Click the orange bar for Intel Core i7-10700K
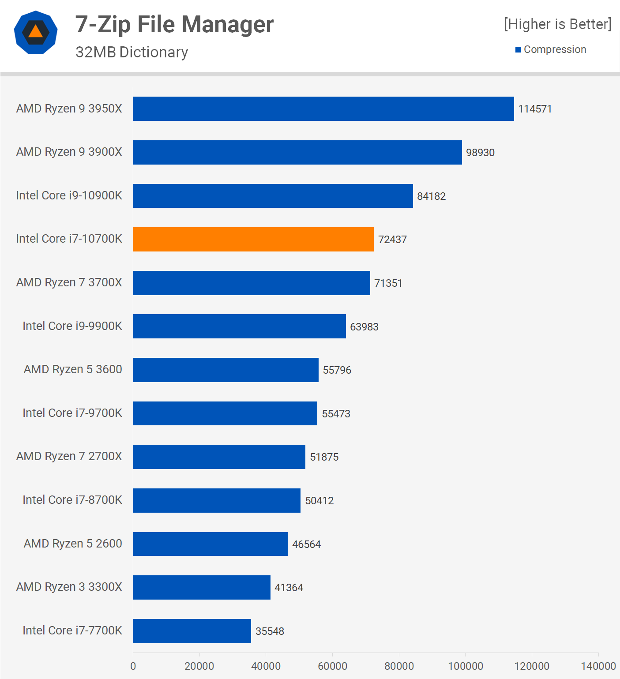click(253, 240)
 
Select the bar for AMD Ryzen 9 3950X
click(323, 109)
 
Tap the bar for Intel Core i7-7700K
click(192, 631)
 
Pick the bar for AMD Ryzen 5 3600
click(225, 370)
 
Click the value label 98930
click(480, 153)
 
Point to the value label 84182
click(431, 196)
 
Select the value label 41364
click(289, 588)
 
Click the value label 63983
click(364, 327)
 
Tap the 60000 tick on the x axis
click(332, 666)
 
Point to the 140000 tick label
click(598, 666)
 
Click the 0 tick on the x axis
click(133, 666)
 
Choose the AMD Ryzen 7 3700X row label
click(69, 282)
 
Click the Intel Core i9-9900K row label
click(72, 326)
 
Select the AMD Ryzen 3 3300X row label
click(69, 587)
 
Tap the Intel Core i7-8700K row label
click(72, 500)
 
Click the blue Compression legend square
click(518, 49)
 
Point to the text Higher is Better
click(558, 24)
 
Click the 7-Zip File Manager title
click(174, 24)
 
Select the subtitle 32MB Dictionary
click(132, 52)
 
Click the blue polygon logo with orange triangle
click(36, 32)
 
